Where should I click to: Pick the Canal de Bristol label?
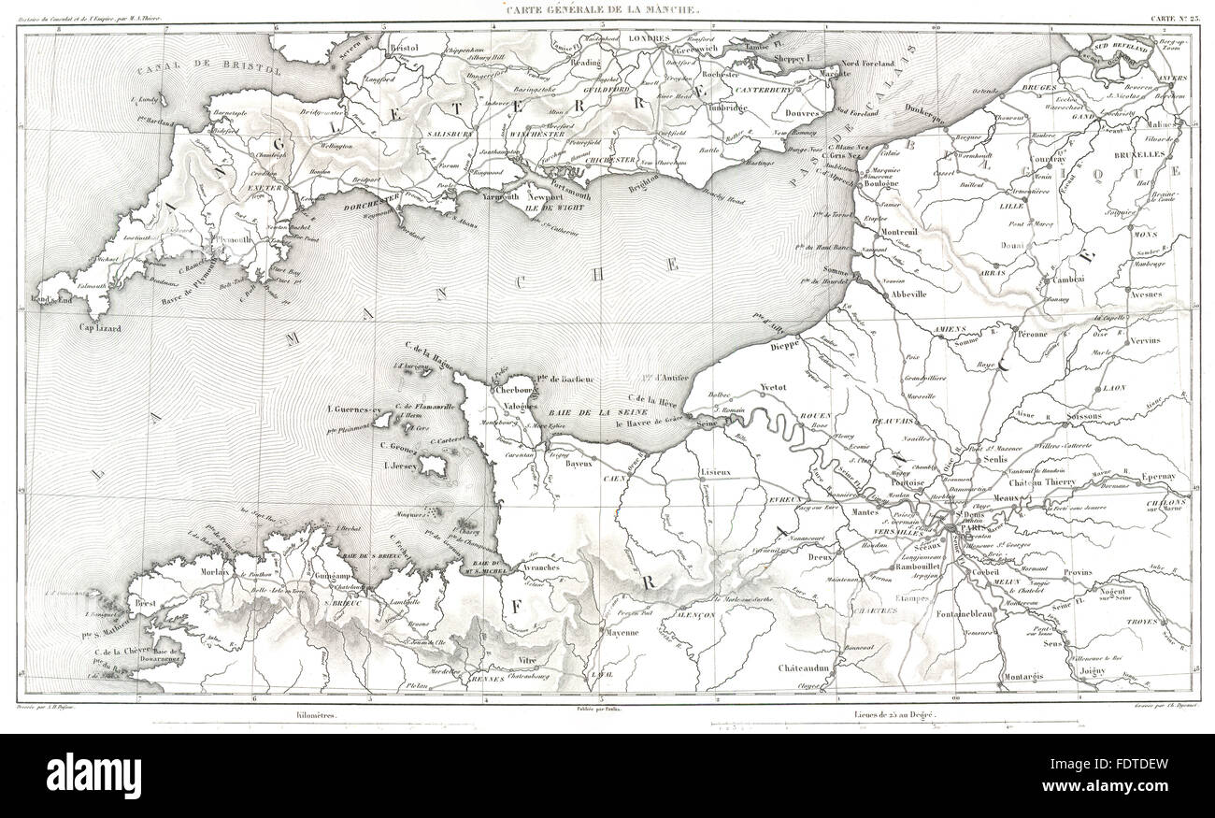(x=207, y=72)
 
